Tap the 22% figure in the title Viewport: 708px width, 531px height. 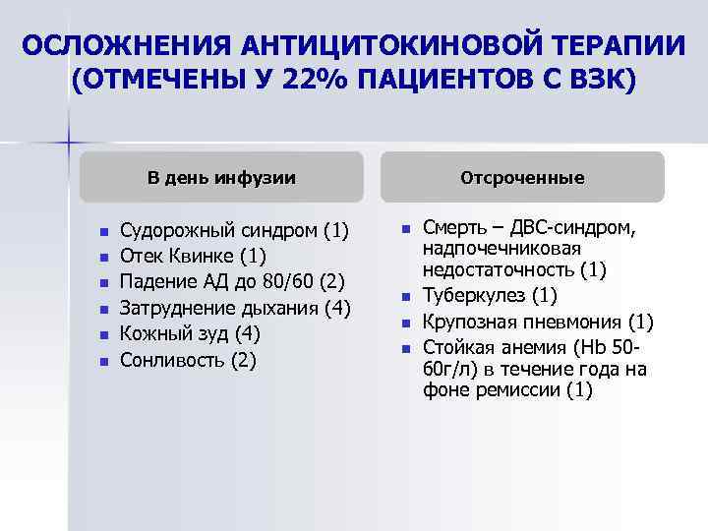coord(310,80)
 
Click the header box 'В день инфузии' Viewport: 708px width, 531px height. coord(222,178)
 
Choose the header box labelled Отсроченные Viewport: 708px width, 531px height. coord(522,178)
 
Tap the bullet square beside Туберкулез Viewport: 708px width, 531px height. coord(405,297)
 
